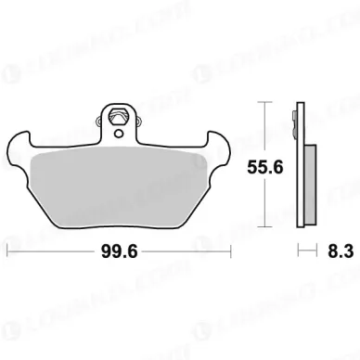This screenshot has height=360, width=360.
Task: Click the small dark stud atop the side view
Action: (x=297, y=115)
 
